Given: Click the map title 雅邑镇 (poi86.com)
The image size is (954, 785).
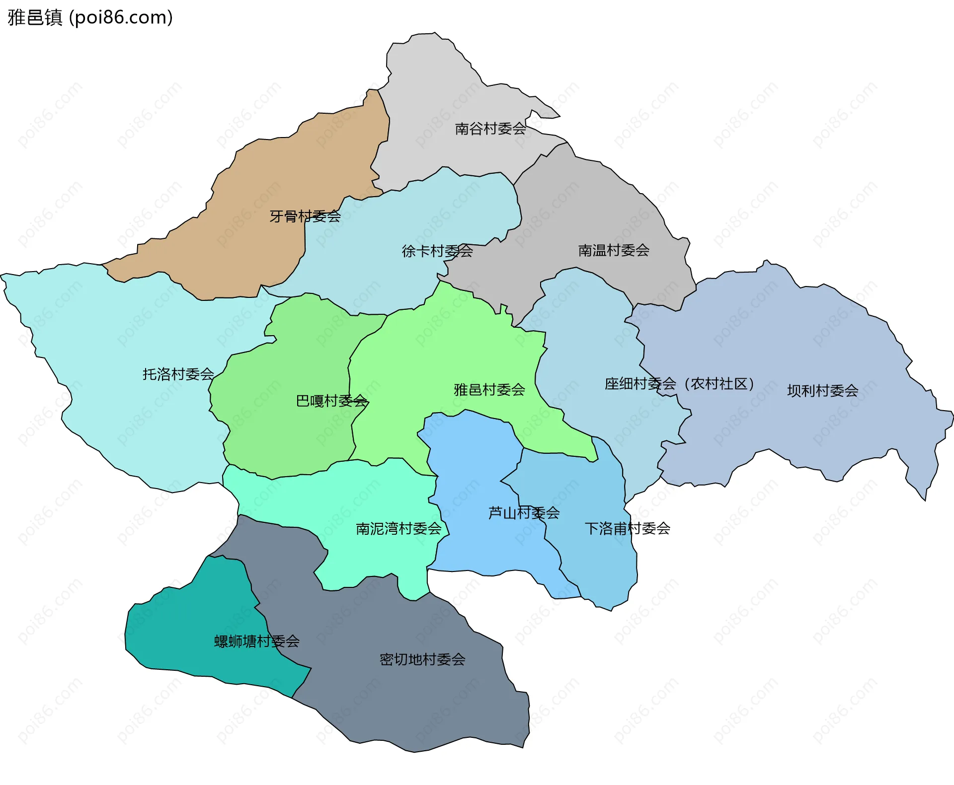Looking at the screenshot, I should tap(90, 17).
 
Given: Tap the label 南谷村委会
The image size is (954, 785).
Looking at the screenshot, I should tap(490, 129).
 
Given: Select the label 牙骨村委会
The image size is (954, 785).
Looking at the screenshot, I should tap(305, 216).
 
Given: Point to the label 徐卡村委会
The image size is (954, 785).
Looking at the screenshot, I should tap(437, 251).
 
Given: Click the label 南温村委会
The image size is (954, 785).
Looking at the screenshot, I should tap(614, 250).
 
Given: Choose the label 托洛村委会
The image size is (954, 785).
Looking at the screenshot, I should tap(178, 374).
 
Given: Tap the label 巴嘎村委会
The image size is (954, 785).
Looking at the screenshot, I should tap(331, 401).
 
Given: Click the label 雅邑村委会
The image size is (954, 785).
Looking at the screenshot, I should tap(489, 390).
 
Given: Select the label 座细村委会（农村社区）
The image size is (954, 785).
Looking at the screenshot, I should tap(679, 384).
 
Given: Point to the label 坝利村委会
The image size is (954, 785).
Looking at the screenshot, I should tap(822, 391).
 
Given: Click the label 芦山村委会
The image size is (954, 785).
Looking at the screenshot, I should tap(524, 512).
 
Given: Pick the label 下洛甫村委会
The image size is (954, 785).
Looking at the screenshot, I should tap(627, 528).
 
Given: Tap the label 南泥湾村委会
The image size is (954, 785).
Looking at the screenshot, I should tap(398, 528).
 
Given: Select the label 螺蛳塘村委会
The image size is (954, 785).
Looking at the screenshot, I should tap(256, 641).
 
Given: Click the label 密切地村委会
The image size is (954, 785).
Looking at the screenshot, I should tap(422, 659).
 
